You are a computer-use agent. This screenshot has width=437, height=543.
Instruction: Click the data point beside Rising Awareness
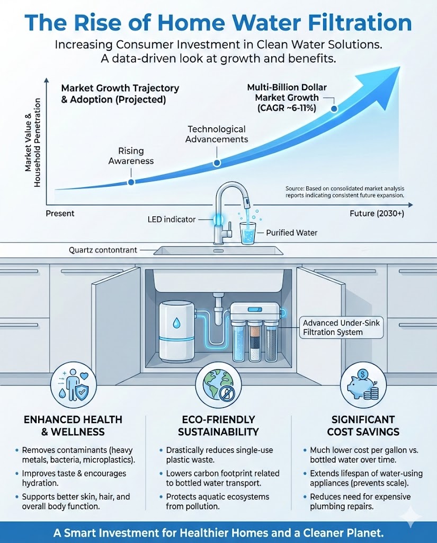coord(131,182)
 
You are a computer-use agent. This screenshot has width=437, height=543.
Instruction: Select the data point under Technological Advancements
coord(216,164)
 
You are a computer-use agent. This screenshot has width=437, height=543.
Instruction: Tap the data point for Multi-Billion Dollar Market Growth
coord(334,109)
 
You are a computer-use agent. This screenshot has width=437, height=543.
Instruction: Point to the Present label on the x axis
coord(60,213)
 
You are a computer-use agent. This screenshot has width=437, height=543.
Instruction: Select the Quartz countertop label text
coord(103,250)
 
